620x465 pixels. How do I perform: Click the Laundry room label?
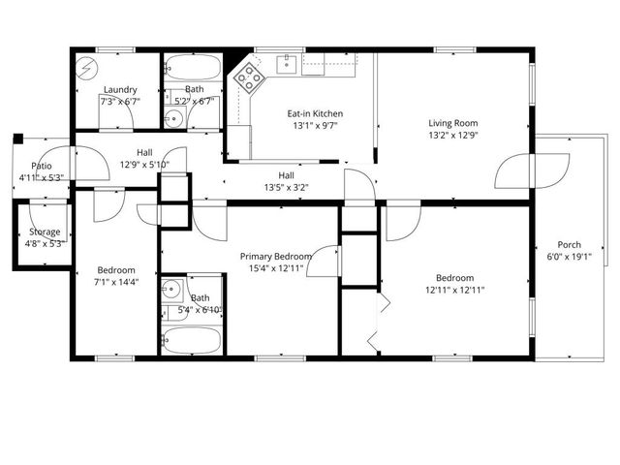pos(119,89)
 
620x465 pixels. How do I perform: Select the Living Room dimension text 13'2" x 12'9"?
pos(453,137)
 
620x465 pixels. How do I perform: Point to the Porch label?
pos(570,244)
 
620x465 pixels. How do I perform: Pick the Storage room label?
pos(45,232)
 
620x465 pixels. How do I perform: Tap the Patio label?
pos(41,166)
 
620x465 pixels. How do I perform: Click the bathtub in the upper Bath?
pos(194,68)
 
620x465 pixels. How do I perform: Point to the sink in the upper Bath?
pos(171,119)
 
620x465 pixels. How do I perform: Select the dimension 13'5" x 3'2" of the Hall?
pos(287,189)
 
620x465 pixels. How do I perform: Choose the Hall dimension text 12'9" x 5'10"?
pos(144,165)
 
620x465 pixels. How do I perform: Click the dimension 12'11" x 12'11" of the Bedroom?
pos(453,289)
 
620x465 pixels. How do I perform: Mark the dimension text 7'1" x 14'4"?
pos(116,283)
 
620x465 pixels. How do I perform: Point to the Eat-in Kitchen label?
pos(315,113)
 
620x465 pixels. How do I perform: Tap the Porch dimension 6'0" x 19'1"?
pos(570,258)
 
